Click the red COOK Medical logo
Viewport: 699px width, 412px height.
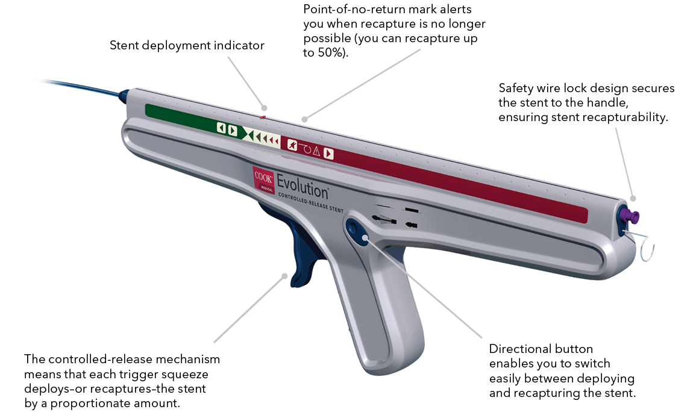coord(263,178)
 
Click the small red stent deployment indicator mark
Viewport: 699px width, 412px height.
coord(263,116)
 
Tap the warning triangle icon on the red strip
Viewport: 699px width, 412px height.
coord(316,151)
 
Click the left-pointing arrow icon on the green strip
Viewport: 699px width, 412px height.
coord(221,128)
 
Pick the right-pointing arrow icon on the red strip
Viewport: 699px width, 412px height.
coord(328,153)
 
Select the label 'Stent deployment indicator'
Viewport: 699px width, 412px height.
coord(187,46)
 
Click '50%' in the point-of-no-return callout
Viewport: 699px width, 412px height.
coord(328,53)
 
